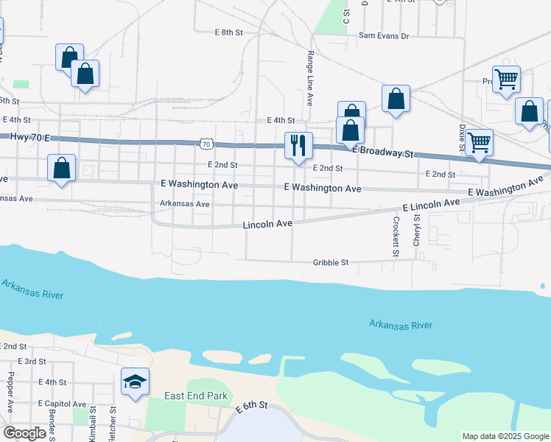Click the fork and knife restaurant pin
pyautogui.click(x=298, y=145)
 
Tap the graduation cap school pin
pyautogui.click(x=135, y=382)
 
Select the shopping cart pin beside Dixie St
pyautogui.click(x=480, y=142)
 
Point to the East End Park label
pyautogui.click(x=196, y=396)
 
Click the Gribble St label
pyautogui.click(x=330, y=262)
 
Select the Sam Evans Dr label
pyautogui.click(x=383, y=35)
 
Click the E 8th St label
pyautogui.click(x=228, y=32)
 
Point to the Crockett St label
pyautogui.click(x=396, y=236)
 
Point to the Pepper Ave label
pyautogui.click(x=10, y=391)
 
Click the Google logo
pyautogui.click(x=24, y=433)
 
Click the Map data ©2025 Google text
pyautogui.click(x=505, y=436)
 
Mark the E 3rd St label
pyautogui.click(x=31, y=362)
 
